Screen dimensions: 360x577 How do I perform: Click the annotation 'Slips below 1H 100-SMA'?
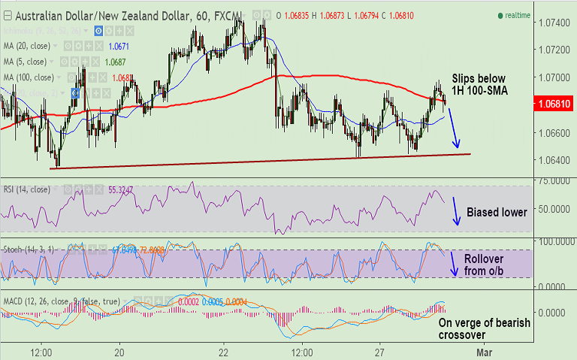coord(479,84)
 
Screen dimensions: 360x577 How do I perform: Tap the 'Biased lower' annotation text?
coord(497,213)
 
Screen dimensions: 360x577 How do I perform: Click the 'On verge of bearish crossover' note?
coord(484,329)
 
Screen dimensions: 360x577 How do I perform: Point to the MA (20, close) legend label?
coord(30,47)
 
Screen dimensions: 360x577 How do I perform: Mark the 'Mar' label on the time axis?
coord(485,351)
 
